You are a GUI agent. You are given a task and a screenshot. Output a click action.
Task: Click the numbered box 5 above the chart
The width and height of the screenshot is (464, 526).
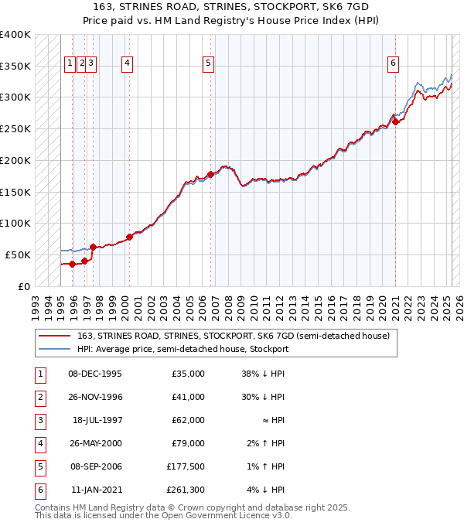pos(209,63)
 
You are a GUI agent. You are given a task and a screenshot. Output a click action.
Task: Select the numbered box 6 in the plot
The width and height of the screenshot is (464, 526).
pos(394,63)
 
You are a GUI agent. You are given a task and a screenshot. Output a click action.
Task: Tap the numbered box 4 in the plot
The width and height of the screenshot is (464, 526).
pos(126,63)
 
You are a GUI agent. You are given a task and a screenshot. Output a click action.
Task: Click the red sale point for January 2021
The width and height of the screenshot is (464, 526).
pos(395,121)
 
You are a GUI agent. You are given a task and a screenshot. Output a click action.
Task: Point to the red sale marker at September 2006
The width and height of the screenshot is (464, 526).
pos(210,174)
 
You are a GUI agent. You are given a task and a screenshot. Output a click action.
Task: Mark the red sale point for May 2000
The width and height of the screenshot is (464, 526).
pos(129,237)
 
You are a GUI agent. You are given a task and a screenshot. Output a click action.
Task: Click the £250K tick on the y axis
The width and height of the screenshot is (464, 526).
pos(15,128)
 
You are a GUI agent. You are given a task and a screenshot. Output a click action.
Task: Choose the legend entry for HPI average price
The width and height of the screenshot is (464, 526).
pos(183,349)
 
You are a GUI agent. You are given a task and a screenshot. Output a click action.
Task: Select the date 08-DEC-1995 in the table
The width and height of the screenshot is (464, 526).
pos(94,374)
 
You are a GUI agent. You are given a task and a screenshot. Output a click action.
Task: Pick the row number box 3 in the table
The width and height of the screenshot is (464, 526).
pos(39,420)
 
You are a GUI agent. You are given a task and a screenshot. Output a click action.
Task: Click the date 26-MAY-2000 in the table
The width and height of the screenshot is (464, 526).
pos(94,443)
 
